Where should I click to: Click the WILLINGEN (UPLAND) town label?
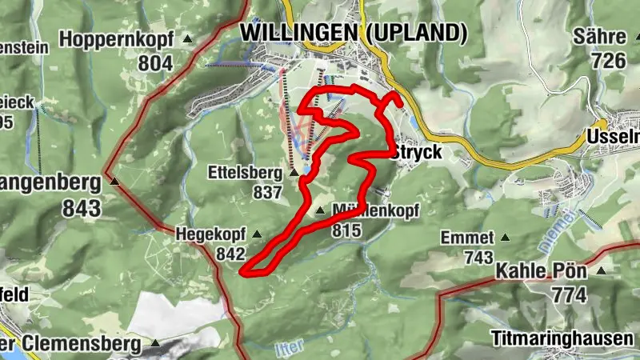[353, 33]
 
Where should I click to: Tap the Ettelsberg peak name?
[246, 172]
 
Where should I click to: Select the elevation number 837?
[266, 193]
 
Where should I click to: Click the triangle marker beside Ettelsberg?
[294, 172]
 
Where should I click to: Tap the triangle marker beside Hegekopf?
[257, 234]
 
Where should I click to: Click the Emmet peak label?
[468, 238]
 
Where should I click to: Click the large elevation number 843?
[84, 209]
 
